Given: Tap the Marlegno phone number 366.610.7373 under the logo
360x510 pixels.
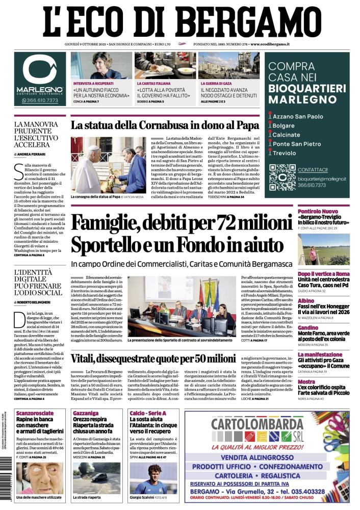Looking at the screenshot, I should click(x=40, y=100).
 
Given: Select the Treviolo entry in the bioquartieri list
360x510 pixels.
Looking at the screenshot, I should click(x=287, y=153).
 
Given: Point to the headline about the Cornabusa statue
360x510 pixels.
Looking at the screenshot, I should click(x=165, y=125).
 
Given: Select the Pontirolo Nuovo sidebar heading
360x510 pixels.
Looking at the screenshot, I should click(x=332, y=211).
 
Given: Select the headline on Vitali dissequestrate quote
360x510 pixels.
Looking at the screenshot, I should click(x=152, y=359).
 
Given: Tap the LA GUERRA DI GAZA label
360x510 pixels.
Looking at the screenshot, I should click(x=220, y=83).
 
